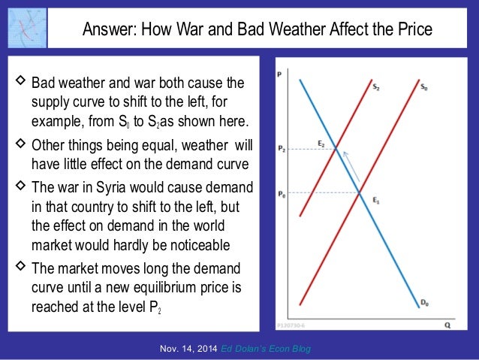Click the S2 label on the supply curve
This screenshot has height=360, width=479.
coord(376,87)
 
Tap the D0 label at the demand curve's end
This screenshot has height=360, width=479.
coord(424,303)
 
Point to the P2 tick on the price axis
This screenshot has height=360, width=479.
coord(281,149)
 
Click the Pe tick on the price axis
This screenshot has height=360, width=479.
coord(281,193)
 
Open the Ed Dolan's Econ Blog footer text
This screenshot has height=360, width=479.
coord(267,349)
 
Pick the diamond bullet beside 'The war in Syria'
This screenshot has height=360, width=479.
coord(19,186)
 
